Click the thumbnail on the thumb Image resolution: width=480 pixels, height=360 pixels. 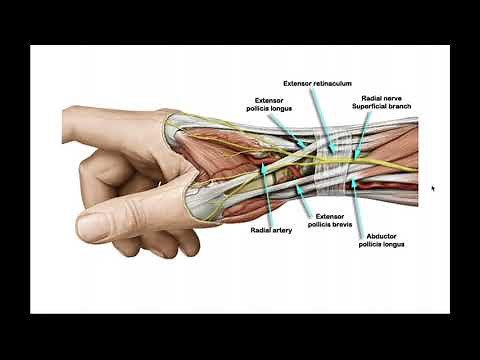pos(101,221)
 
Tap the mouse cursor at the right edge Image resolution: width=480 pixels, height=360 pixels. pos(433,187)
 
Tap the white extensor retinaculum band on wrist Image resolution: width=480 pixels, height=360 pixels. pos(330,160)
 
